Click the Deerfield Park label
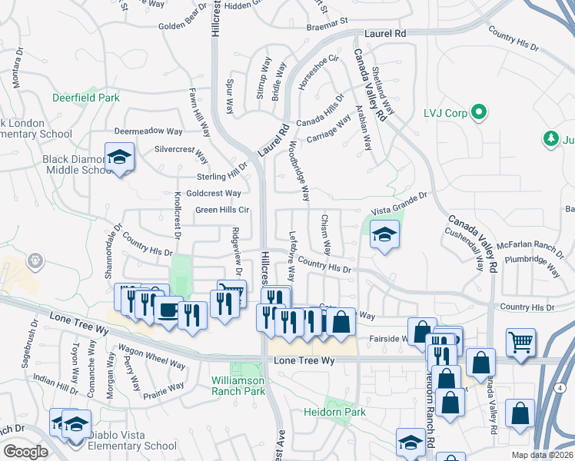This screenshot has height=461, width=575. (x=86, y=98)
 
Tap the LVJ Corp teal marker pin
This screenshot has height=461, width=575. (x=479, y=113)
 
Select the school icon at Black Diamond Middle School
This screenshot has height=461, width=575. (x=119, y=158)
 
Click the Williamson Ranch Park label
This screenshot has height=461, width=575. (x=238, y=386)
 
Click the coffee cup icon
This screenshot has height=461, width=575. (x=168, y=310)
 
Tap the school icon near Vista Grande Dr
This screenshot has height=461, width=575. (x=383, y=235)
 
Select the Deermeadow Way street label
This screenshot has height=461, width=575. (x=148, y=131)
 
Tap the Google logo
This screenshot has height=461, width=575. (x=25, y=451)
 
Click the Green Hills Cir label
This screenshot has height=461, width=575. (x=222, y=209)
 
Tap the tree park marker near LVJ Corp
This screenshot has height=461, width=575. (x=550, y=138)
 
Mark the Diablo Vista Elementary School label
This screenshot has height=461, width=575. (x=132, y=446)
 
